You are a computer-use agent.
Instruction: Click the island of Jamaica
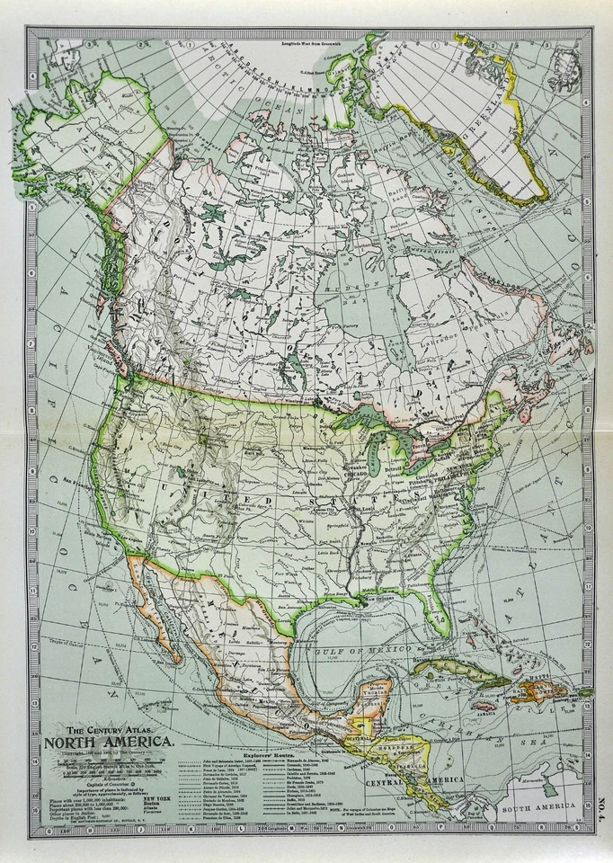point(485,707)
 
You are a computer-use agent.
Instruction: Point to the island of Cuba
point(449,670)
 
